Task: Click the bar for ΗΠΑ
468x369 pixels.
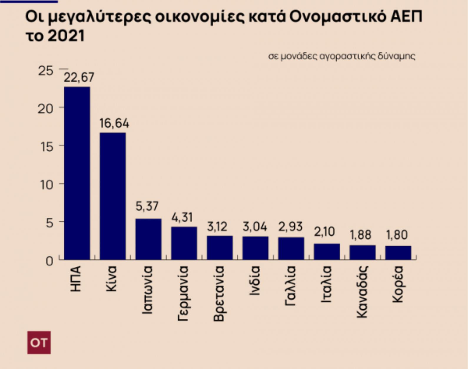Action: pyautogui.click(x=77, y=173)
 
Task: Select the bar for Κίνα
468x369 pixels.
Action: pyautogui.click(x=112, y=196)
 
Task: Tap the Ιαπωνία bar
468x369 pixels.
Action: pyautogui.click(x=148, y=239)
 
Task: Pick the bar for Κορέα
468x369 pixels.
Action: pyautogui.click(x=398, y=253)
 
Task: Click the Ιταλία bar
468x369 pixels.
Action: pyautogui.click(x=327, y=251)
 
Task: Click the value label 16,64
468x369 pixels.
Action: pyautogui.click(x=114, y=123)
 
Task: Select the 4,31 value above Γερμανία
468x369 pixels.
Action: pyautogui.click(x=182, y=218)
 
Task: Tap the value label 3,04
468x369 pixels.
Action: pyautogui.click(x=255, y=227)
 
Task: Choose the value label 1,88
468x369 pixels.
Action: pyautogui.click(x=361, y=235)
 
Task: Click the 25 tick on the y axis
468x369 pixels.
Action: pyautogui.click(x=46, y=71)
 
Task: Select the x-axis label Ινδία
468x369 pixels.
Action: pyautogui.click(x=255, y=281)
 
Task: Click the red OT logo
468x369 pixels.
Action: pyautogui.click(x=39, y=343)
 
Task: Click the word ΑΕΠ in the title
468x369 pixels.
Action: pyautogui.click(x=406, y=17)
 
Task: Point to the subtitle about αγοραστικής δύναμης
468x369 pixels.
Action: pyautogui.click(x=341, y=56)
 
